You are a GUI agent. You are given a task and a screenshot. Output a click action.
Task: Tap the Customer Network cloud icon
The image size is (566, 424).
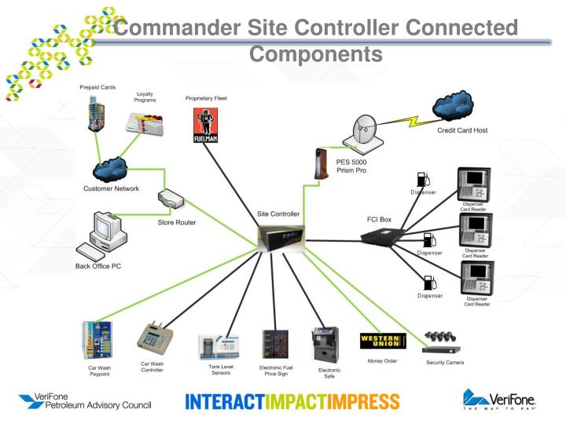pos(109,170)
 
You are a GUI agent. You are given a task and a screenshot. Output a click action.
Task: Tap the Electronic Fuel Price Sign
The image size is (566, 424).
pos(275,345)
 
